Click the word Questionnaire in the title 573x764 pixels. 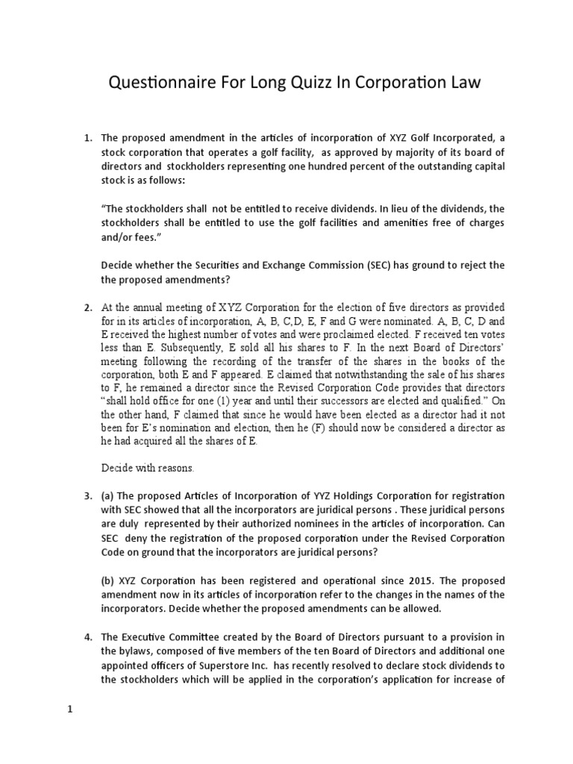(x=155, y=83)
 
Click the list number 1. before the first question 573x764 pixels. (x=87, y=139)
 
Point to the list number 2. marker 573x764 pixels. (x=87, y=308)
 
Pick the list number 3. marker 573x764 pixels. (x=87, y=496)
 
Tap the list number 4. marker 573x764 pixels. (x=87, y=636)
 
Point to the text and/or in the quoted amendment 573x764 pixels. (x=119, y=237)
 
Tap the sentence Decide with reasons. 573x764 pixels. (x=147, y=469)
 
